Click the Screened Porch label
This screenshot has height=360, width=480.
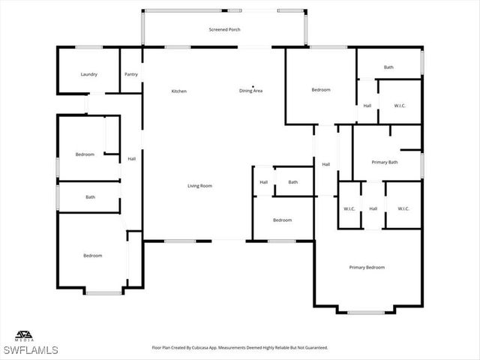(223, 29)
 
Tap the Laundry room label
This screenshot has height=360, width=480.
(89, 74)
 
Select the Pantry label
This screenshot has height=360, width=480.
(131, 74)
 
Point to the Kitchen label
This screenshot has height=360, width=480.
(178, 91)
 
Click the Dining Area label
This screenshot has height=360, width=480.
(250, 91)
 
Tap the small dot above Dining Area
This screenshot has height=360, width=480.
(253, 85)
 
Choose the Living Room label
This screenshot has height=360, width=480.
(199, 185)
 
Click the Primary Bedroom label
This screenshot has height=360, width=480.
(367, 268)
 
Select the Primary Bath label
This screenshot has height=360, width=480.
(385, 162)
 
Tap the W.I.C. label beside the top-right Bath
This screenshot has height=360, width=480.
(400, 106)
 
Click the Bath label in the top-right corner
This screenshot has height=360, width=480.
(388, 67)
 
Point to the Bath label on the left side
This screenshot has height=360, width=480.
(90, 197)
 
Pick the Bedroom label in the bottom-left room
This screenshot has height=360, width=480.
(92, 256)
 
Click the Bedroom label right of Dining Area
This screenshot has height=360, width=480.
(321, 90)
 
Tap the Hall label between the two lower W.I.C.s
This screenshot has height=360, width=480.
(373, 208)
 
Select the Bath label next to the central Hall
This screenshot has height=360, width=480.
(292, 182)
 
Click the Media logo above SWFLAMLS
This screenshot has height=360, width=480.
(25, 336)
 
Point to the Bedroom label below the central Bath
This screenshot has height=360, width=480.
(282, 220)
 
